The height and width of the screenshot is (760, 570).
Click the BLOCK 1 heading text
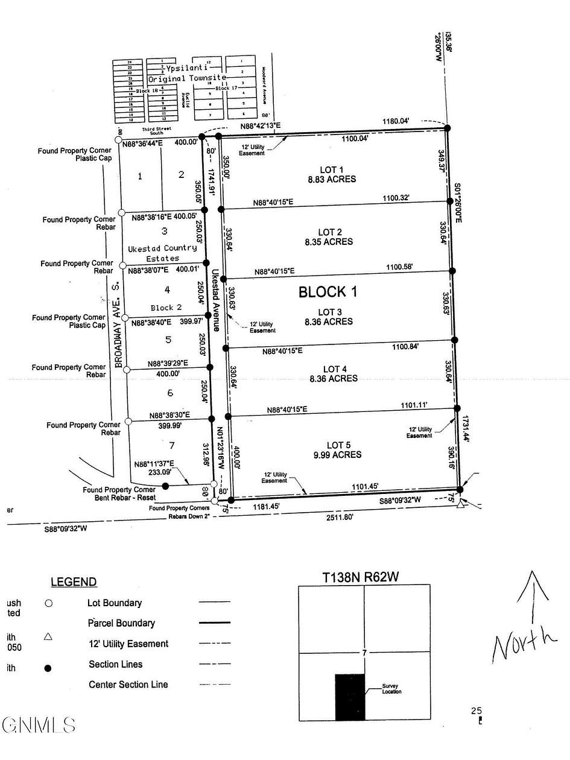(328, 292)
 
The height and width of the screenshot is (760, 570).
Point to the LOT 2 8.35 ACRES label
(329, 237)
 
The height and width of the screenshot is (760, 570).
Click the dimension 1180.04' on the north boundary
(396, 122)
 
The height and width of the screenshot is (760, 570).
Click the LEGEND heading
(73, 582)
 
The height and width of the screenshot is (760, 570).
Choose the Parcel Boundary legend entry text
(121, 623)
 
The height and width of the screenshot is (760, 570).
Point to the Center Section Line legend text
(128, 685)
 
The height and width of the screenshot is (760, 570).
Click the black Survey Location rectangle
(350, 697)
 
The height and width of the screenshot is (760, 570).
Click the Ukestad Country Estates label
(162, 253)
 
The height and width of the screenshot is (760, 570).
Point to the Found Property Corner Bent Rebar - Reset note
(119, 493)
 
